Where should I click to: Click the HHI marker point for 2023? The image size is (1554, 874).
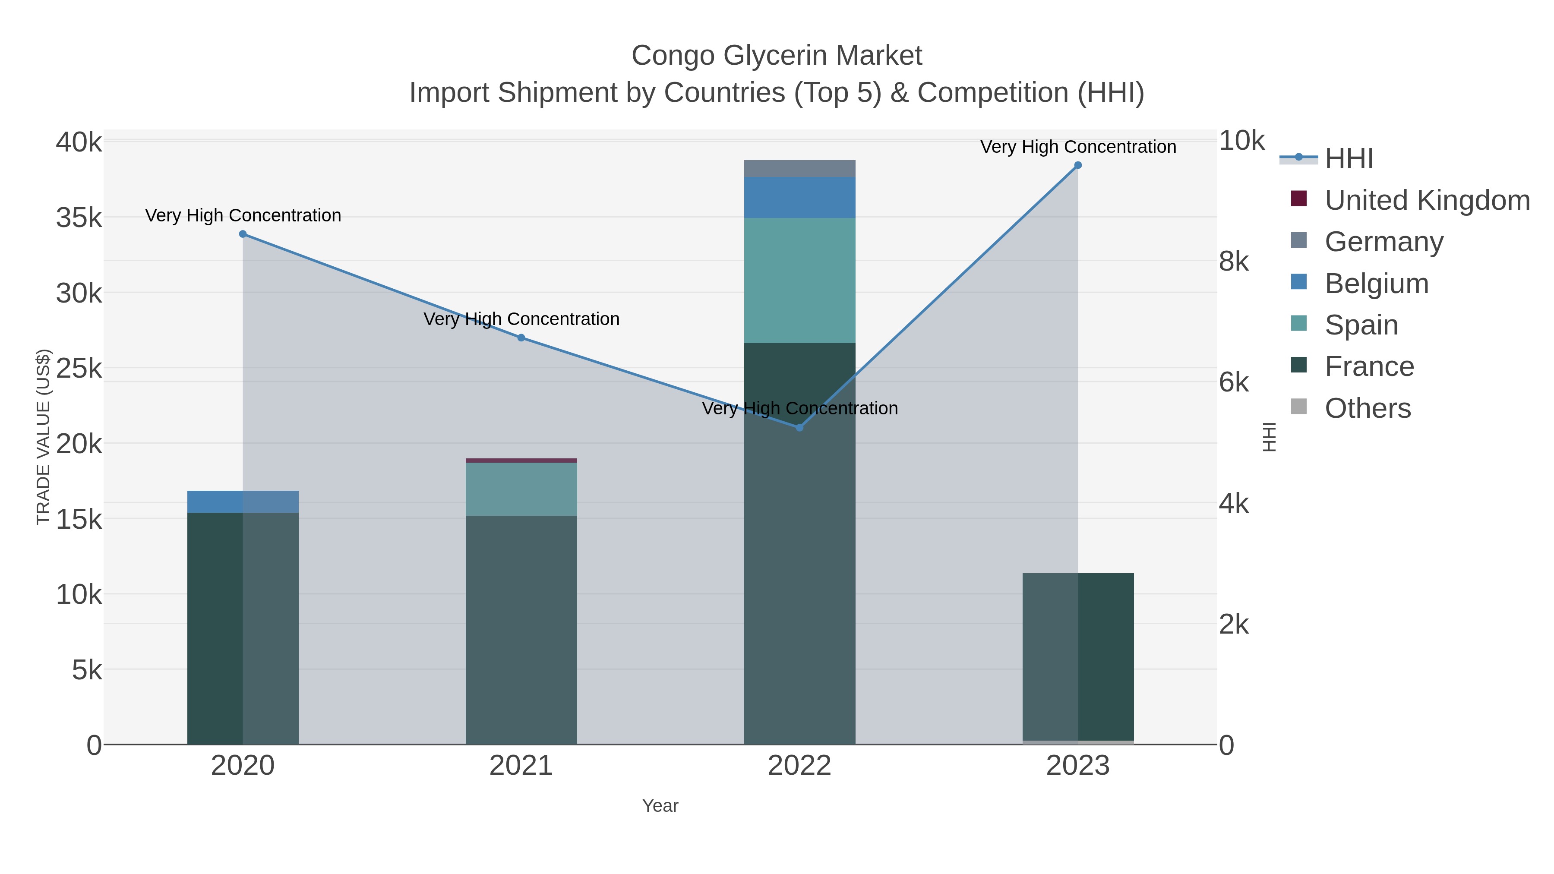pos(1078,165)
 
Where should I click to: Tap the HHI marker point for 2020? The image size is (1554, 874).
pos(243,234)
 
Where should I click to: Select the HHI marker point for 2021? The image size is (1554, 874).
pos(521,338)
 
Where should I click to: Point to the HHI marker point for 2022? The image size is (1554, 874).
pos(800,428)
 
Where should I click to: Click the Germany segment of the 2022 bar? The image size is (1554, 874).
pos(799,169)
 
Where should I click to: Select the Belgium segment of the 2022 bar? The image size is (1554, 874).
pos(799,197)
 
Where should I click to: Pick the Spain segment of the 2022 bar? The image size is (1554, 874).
pos(799,281)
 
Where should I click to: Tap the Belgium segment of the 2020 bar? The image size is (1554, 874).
pos(243,502)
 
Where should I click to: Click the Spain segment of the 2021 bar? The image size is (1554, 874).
pos(521,489)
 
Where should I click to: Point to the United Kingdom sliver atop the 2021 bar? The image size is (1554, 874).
pos(521,461)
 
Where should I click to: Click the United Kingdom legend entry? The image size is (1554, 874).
pos(1427,200)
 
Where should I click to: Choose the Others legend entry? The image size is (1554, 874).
pos(1368,408)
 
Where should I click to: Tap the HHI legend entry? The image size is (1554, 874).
pos(1349,159)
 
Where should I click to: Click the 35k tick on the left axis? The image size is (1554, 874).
pos(79,218)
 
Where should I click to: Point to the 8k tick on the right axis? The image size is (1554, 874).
pos(1234,262)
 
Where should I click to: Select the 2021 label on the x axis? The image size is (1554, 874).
pos(521,766)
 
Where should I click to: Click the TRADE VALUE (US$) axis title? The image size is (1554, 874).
pos(44,437)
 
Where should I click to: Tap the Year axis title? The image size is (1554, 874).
pos(660,806)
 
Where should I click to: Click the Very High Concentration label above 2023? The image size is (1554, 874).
pos(1078,147)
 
